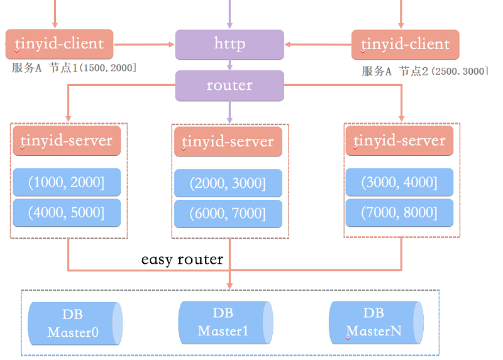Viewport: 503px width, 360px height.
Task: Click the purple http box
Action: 229,45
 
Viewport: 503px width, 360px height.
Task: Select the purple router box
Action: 229,85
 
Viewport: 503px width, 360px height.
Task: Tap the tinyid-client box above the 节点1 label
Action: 59,44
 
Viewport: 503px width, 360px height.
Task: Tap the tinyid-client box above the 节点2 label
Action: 405,45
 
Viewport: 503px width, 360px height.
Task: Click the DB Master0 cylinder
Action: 75,323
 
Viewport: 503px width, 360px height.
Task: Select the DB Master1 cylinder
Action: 225,322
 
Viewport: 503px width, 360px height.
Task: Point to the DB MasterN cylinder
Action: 375,322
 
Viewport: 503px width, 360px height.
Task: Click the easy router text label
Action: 182,259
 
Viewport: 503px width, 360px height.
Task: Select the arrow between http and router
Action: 230,65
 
